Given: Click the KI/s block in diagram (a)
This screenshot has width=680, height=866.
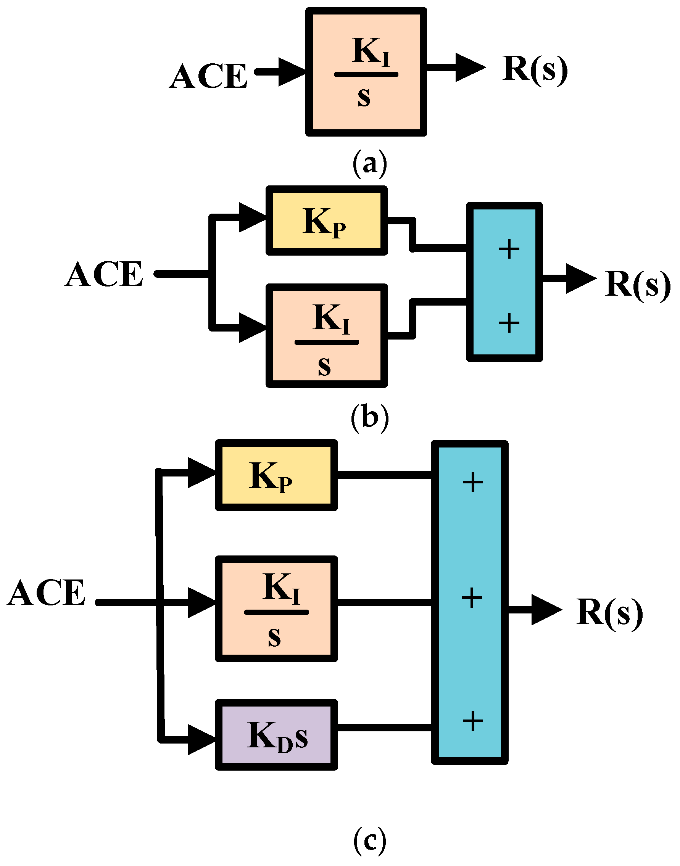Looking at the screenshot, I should click(x=366, y=72).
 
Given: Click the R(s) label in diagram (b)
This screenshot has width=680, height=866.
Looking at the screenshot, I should click(x=637, y=284).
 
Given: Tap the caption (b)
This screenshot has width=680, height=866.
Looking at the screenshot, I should click(x=369, y=417).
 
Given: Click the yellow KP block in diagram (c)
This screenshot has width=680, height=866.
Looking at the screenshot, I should click(x=276, y=475).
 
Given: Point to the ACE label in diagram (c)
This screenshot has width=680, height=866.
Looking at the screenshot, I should click(x=47, y=593).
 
